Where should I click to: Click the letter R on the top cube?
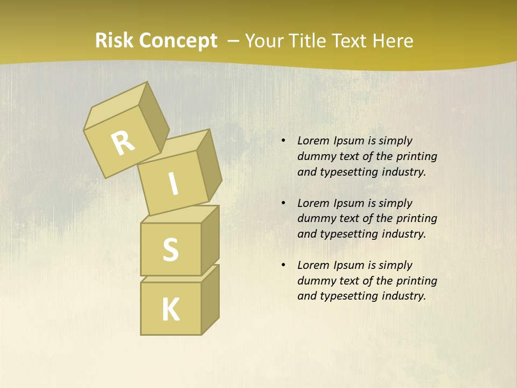pyautogui.click(x=123, y=143)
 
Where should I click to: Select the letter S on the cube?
pyautogui.click(x=170, y=250)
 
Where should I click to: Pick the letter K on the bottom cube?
pyautogui.click(x=170, y=310)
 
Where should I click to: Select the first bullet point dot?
pyautogui.click(x=283, y=141)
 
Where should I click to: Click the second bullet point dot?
pyautogui.click(x=283, y=204)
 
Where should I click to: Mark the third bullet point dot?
pyautogui.click(x=283, y=266)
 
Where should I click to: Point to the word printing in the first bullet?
pyautogui.click(x=416, y=157)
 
